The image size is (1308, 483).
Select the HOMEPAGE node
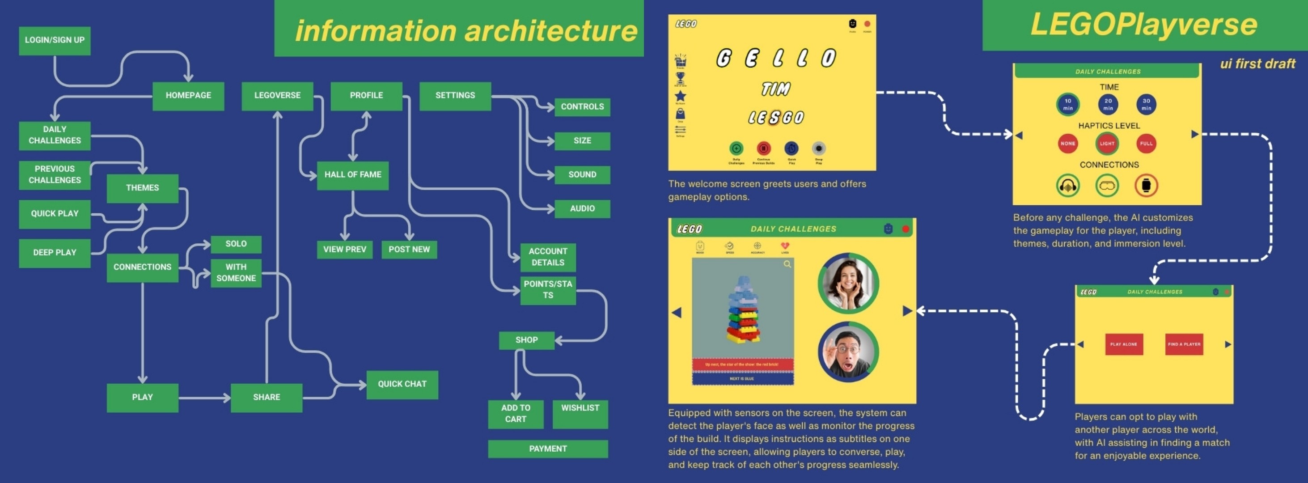point(188,96)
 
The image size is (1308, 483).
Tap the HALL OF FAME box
point(353,175)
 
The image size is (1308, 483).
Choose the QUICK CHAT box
point(402,385)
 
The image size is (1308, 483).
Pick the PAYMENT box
point(548,449)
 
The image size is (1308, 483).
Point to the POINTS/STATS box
point(548,290)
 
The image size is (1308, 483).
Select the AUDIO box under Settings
point(582,209)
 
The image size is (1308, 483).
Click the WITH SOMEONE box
point(236,273)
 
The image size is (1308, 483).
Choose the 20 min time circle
point(1108,105)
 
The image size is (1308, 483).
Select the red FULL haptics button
point(1146,144)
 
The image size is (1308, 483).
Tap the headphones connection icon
point(1068,186)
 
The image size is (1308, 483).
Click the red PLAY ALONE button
point(1124,344)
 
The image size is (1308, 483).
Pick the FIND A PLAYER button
point(1184,344)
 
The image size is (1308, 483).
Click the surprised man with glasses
point(848,352)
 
